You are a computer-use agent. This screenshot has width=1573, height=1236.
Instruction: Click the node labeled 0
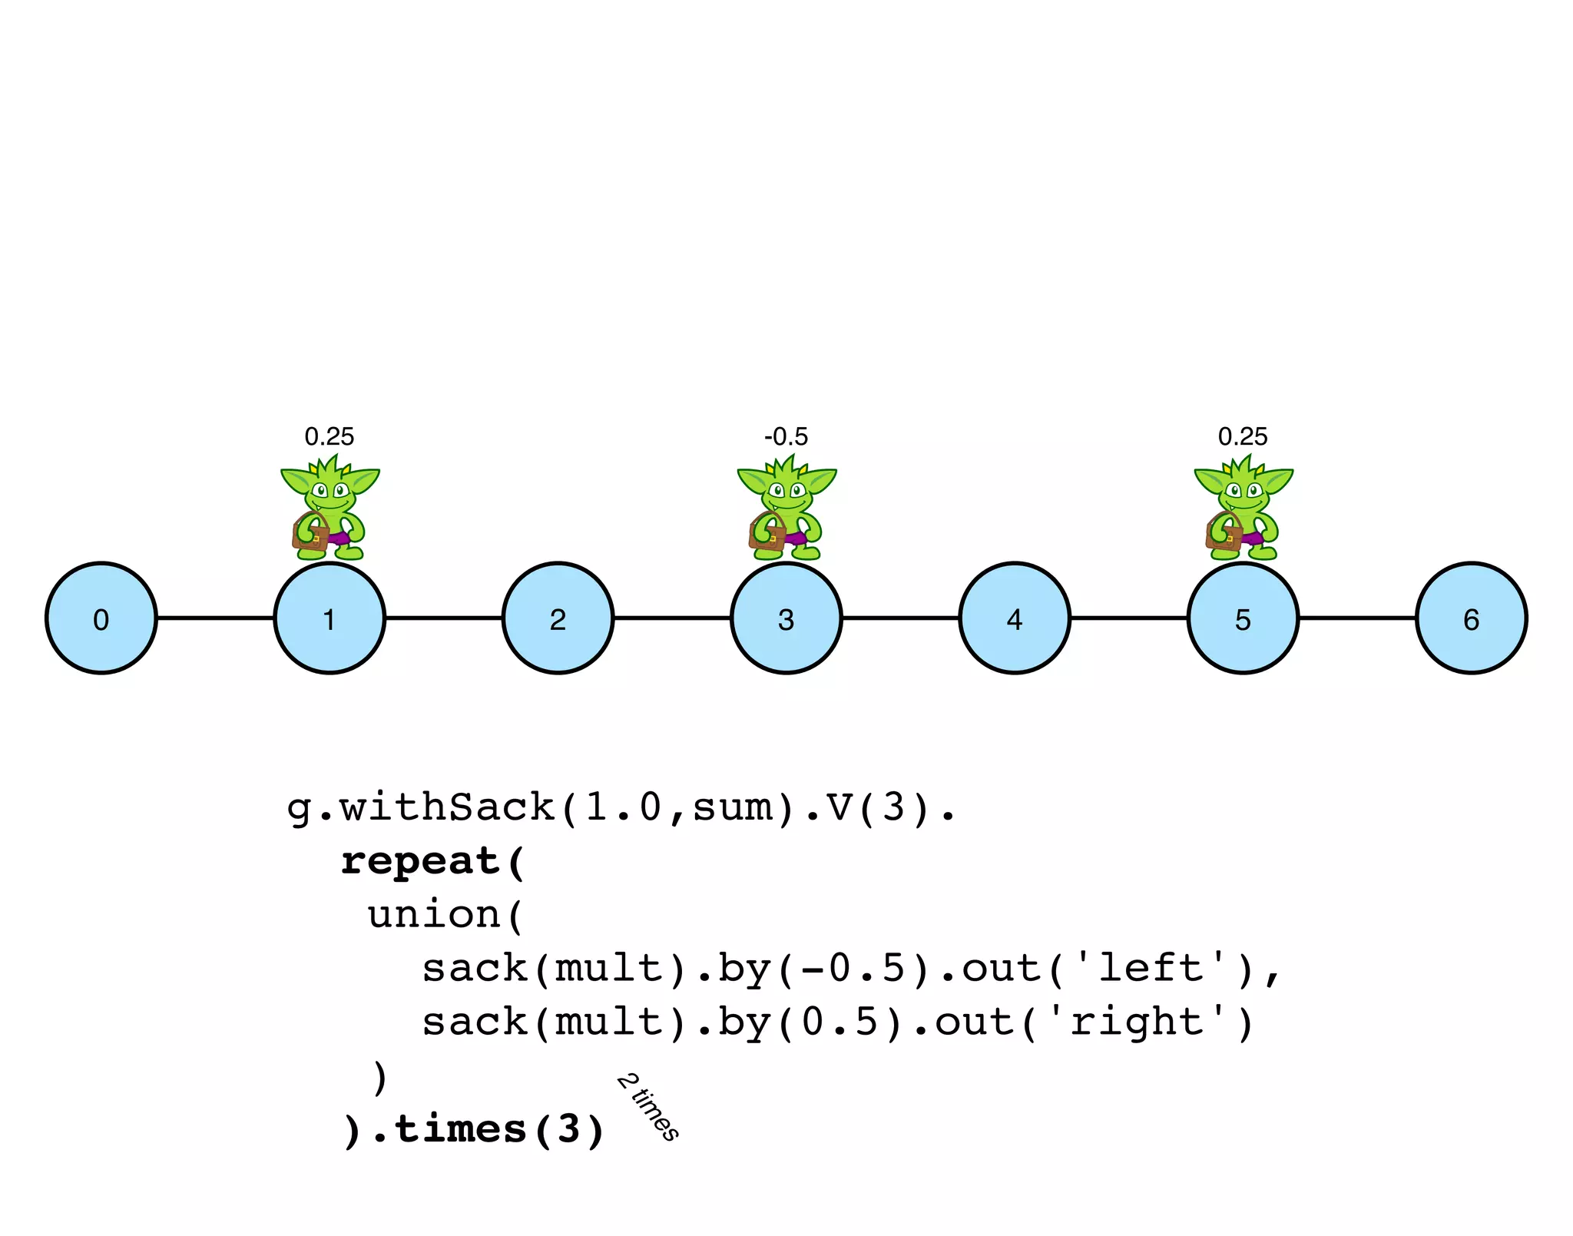tap(101, 618)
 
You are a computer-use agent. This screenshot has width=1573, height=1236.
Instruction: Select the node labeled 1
tap(330, 618)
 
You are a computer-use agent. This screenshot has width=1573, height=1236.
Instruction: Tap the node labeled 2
tap(558, 618)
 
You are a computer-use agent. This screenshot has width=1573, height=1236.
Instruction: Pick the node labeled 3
tap(786, 618)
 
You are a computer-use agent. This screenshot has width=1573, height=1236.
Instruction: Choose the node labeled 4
tap(1015, 618)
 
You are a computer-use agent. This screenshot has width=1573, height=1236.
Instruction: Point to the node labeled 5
tap(1243, 618)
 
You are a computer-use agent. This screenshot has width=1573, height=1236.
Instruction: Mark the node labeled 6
tap(1472, 618)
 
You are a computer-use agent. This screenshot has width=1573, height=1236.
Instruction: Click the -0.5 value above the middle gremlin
tap(786, 437)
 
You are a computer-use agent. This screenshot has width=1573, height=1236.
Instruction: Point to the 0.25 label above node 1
tap(330, 437)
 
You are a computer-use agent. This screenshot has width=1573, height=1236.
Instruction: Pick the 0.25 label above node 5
tap(1243, 437)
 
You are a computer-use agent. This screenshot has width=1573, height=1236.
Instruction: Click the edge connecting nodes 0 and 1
tap(216, 618)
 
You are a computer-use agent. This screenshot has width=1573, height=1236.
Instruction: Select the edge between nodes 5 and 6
tap(1357, 618)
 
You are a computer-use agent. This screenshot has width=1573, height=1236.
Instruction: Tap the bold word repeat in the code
tap(420, 862)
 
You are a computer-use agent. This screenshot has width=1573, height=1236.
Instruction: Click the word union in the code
tap(434, 915)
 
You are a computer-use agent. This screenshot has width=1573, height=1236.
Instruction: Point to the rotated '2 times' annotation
tap(648, 1107)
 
